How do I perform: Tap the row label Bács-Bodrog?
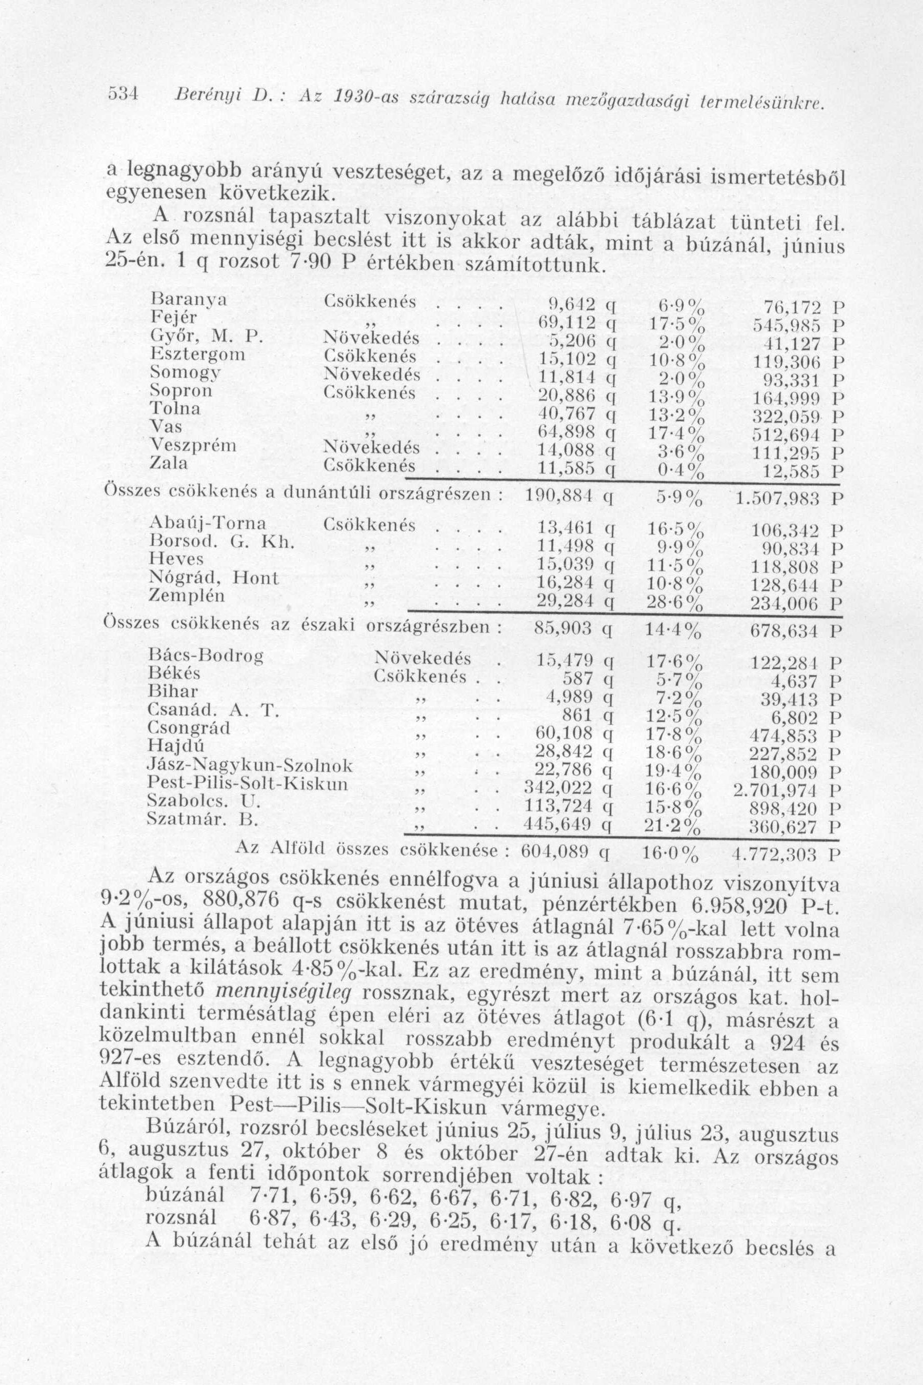click(206, 655)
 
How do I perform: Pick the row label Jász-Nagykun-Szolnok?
click(251, 766)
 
